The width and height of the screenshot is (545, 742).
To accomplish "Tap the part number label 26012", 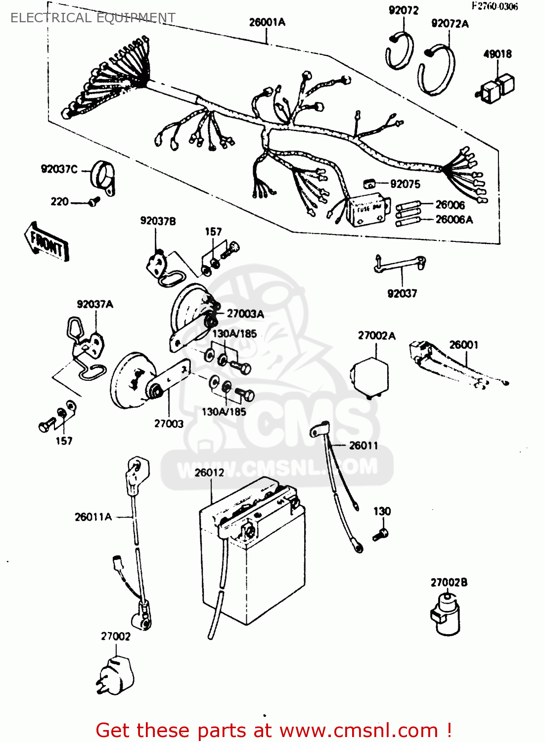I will click(209, 473).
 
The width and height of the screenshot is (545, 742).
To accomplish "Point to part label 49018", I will click(497, 54).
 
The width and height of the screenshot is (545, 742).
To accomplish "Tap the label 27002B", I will click(449, 582).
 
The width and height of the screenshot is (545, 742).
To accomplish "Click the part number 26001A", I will click(267, 22).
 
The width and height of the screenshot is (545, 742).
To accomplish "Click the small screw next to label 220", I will click(93, 201).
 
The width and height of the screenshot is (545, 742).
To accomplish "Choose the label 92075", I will click(405, 184).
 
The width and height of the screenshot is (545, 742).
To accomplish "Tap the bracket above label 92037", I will click(400, 264).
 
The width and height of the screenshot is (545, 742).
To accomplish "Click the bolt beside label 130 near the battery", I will click(381, 534).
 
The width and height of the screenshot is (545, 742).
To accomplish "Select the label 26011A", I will click(93, 517).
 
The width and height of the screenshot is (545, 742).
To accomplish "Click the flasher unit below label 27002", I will click(116, 676).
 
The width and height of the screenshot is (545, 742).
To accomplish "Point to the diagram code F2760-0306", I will click(495, 6).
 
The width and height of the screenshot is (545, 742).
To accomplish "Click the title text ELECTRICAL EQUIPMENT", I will click(92, 18).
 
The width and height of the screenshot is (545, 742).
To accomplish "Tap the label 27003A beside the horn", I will click(245, 314).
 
